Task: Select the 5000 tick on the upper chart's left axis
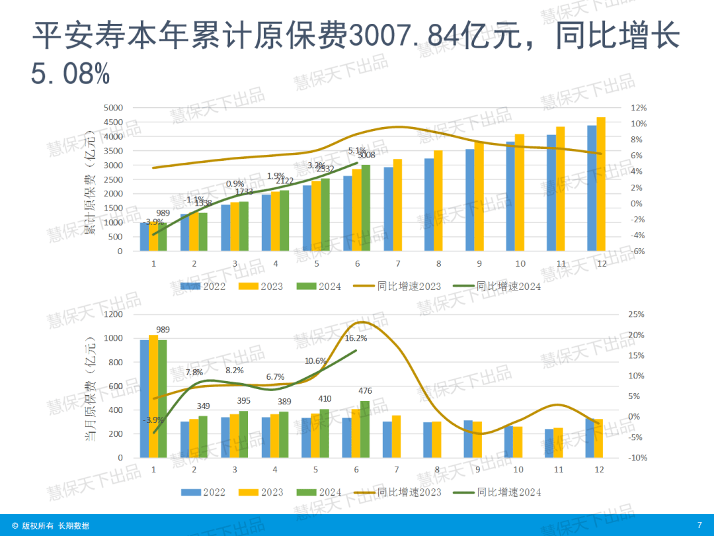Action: [x=114, y=108]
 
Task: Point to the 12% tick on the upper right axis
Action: [x=638, y=108]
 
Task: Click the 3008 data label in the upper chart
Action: [x=366, y=156]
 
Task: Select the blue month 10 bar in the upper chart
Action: [x=510, y=197]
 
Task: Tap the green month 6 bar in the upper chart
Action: [x=366, y=208]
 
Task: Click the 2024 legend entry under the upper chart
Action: [x=321, y=287]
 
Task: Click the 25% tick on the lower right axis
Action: [x=636, y=314]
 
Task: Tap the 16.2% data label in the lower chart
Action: [x=356, y=338]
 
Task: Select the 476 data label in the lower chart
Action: [x=365, y=391]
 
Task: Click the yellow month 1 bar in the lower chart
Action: [x=153, y=396]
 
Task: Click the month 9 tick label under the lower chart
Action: [x=479, y=469]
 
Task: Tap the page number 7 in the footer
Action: [x=699, y=525]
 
